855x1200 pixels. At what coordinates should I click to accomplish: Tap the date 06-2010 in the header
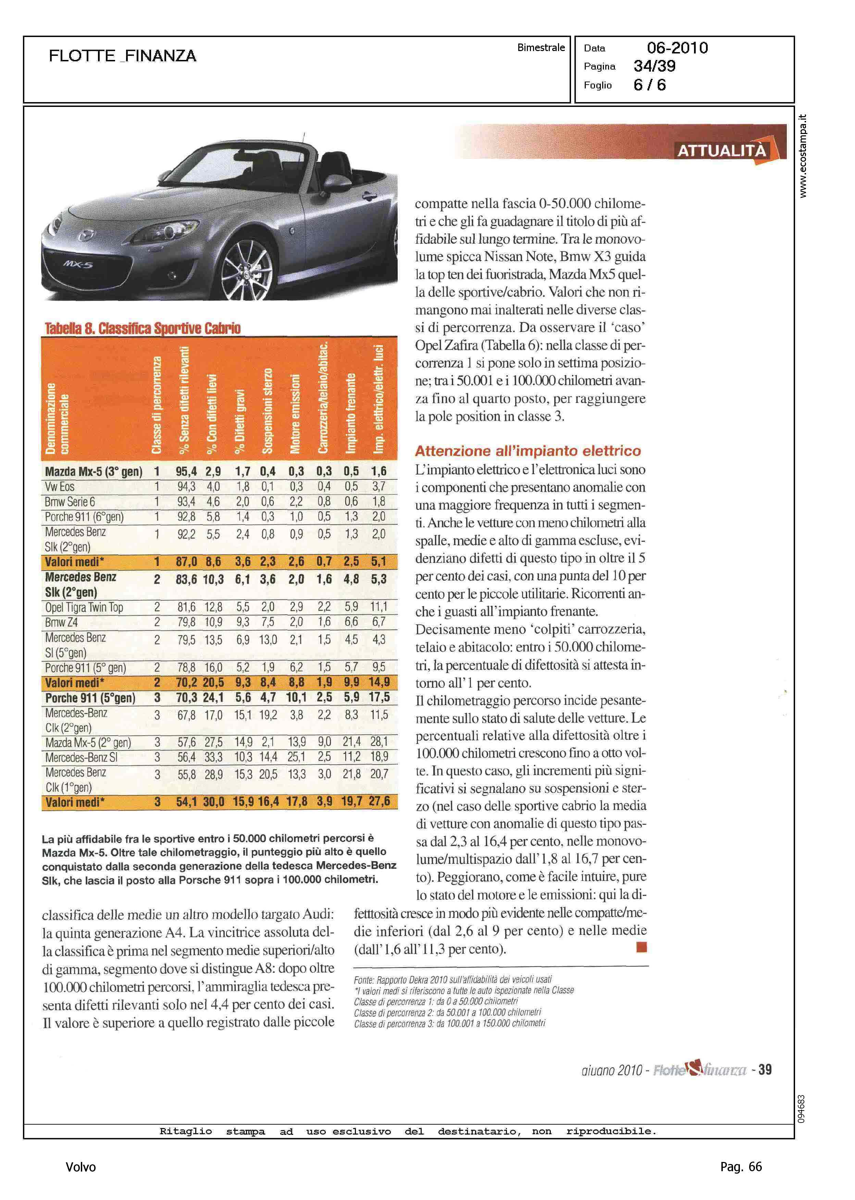(x=677, y=48)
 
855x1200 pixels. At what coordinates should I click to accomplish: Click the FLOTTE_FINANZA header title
(x=122, y=56)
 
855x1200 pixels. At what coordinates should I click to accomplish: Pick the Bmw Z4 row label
(x=62, y=622)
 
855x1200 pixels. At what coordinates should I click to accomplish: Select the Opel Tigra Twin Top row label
(x=84, y=607)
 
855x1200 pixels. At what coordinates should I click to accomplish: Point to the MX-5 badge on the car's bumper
(x=78, y=264)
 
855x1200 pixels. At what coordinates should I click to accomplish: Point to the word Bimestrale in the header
(x=541, y=47)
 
